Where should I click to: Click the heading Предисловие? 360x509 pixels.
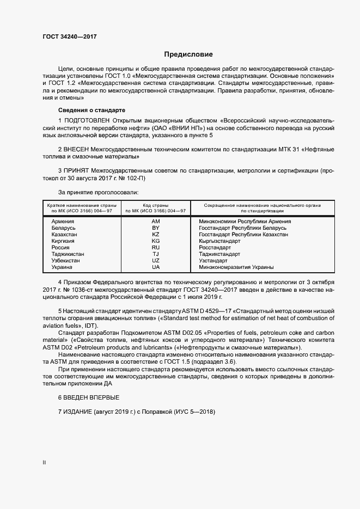[189, 54]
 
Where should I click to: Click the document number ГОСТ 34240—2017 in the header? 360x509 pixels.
[70, 36]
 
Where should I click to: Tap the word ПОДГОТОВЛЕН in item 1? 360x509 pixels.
[87, 119]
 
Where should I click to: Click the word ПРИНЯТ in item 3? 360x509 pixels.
[77, 171]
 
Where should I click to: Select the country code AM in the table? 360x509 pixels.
[155, 222]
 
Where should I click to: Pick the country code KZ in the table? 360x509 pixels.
[155, 235]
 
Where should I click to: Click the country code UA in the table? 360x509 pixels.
[155, 267]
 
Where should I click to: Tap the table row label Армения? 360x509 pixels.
[63, 222]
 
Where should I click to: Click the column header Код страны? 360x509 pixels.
[156, 205]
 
